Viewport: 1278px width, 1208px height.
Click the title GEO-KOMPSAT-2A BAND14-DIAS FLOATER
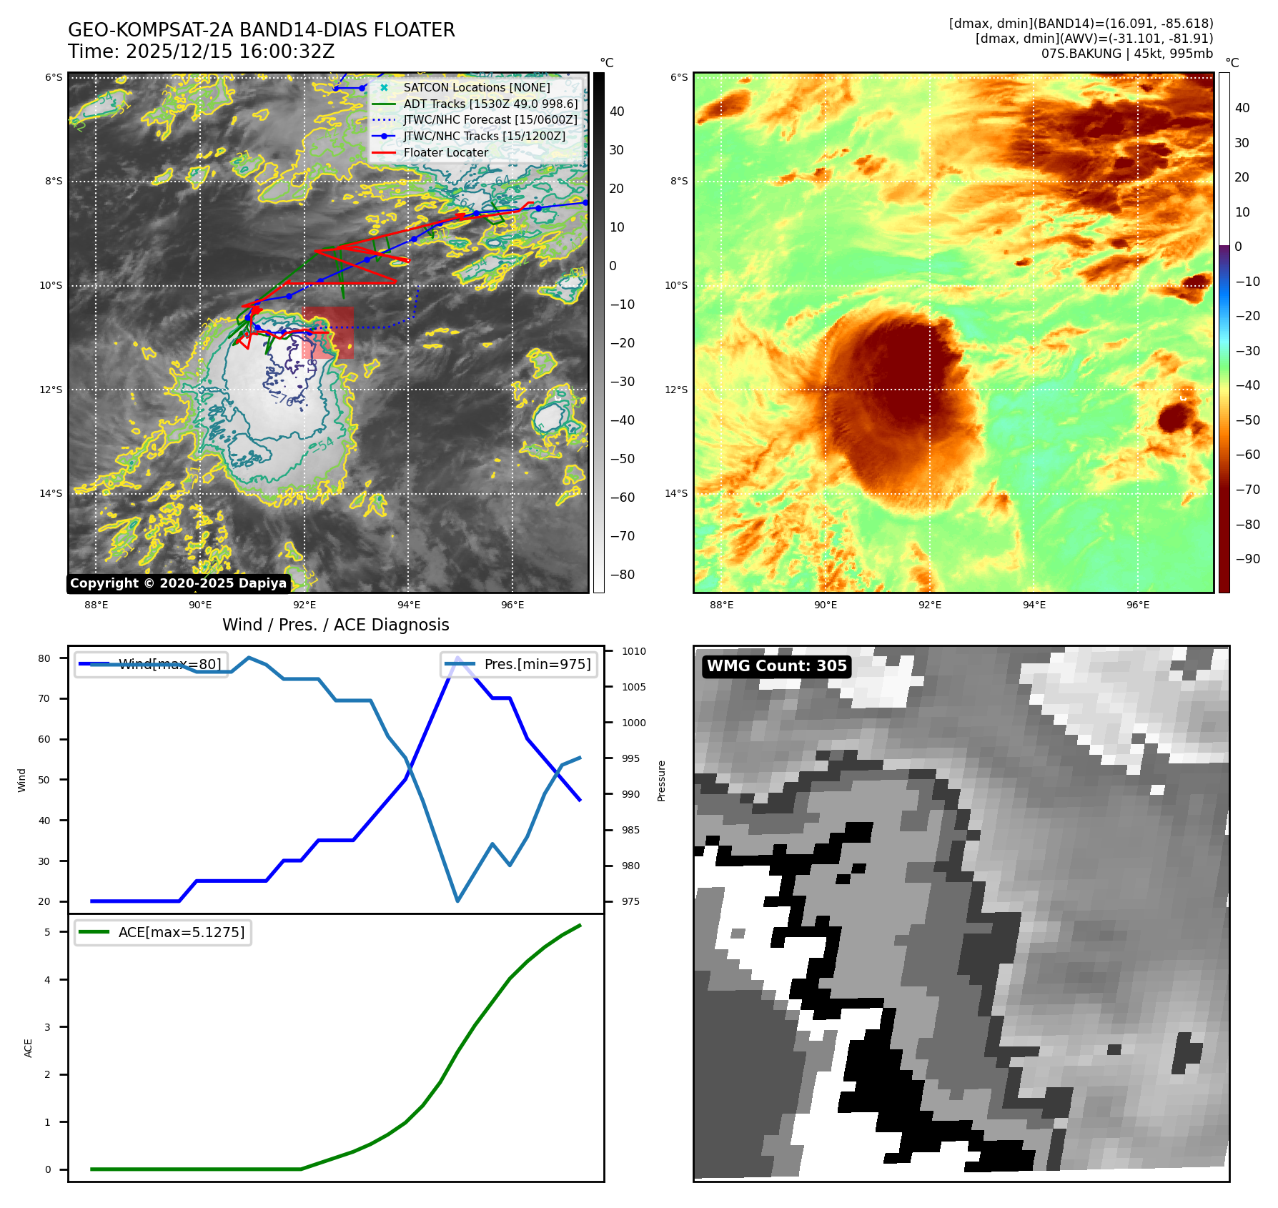tap(261, 31)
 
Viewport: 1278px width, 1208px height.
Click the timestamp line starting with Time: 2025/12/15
tap(201, 52)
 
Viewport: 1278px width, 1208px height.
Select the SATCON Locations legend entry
tap(476, 87)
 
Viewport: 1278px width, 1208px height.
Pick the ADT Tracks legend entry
tap(490, 104)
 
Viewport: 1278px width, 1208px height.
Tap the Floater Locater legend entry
tap(445, 152)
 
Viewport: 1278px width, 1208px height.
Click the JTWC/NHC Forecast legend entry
tap(490, 119)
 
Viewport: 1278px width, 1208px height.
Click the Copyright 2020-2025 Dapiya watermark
tap(178, 583)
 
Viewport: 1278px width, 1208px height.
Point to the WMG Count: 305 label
tap(776, 666)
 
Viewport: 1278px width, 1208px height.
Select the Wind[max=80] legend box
tap(151, 664)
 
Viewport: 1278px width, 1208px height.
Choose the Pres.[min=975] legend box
tap(519, 664)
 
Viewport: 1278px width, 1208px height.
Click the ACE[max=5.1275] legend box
tap(163, 932)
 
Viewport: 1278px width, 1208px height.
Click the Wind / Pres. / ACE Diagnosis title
tap(335, 625)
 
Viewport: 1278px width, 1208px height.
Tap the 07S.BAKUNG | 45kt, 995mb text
tap(1126, 54)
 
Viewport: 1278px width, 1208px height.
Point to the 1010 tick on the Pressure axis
tap(633, 651)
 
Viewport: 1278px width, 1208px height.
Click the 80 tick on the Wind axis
tap(44, 658)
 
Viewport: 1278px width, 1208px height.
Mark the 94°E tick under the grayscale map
tap(408, 605)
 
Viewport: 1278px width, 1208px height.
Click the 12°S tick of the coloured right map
tap(678, 390)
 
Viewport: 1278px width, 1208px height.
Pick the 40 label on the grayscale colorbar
tap(616, 112)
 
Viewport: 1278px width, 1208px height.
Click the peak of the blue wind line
tap(457, 658)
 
